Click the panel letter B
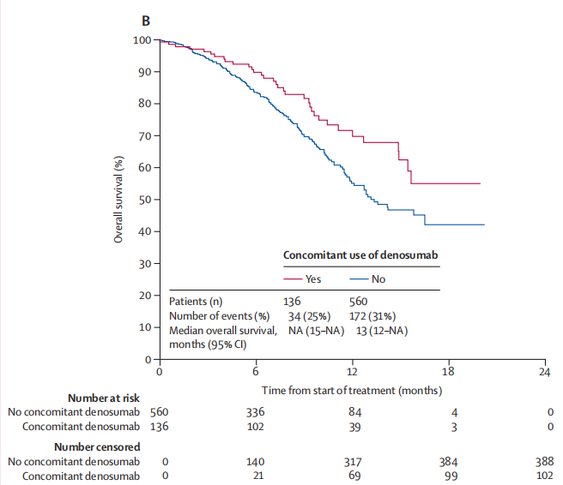[x=146, y=21]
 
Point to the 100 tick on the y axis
[x=156, y=39]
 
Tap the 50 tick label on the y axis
[x=145, y=200]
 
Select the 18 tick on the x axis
[x=449, y=362]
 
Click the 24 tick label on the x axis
[x=544, y=372]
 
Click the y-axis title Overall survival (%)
[x=118, y=200]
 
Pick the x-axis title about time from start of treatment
[x=352, y=391]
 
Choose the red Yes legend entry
[x=302, y=278]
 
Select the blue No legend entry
[x=367, y=278]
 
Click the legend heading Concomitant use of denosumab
[x=360, y=254]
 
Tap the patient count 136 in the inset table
[x=292, y=302]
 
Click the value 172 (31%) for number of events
[x=372, y=316]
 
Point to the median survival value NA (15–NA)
[x=316, y=331]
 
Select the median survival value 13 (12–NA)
[x=382, y=331]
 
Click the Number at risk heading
[x=104, y=398]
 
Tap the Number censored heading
[x=97, y=447]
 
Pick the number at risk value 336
[x=255, y=412]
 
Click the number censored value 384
[x=449, y=462]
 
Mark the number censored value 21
[x=258, y=476]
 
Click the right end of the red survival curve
[x=480, y=183]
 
